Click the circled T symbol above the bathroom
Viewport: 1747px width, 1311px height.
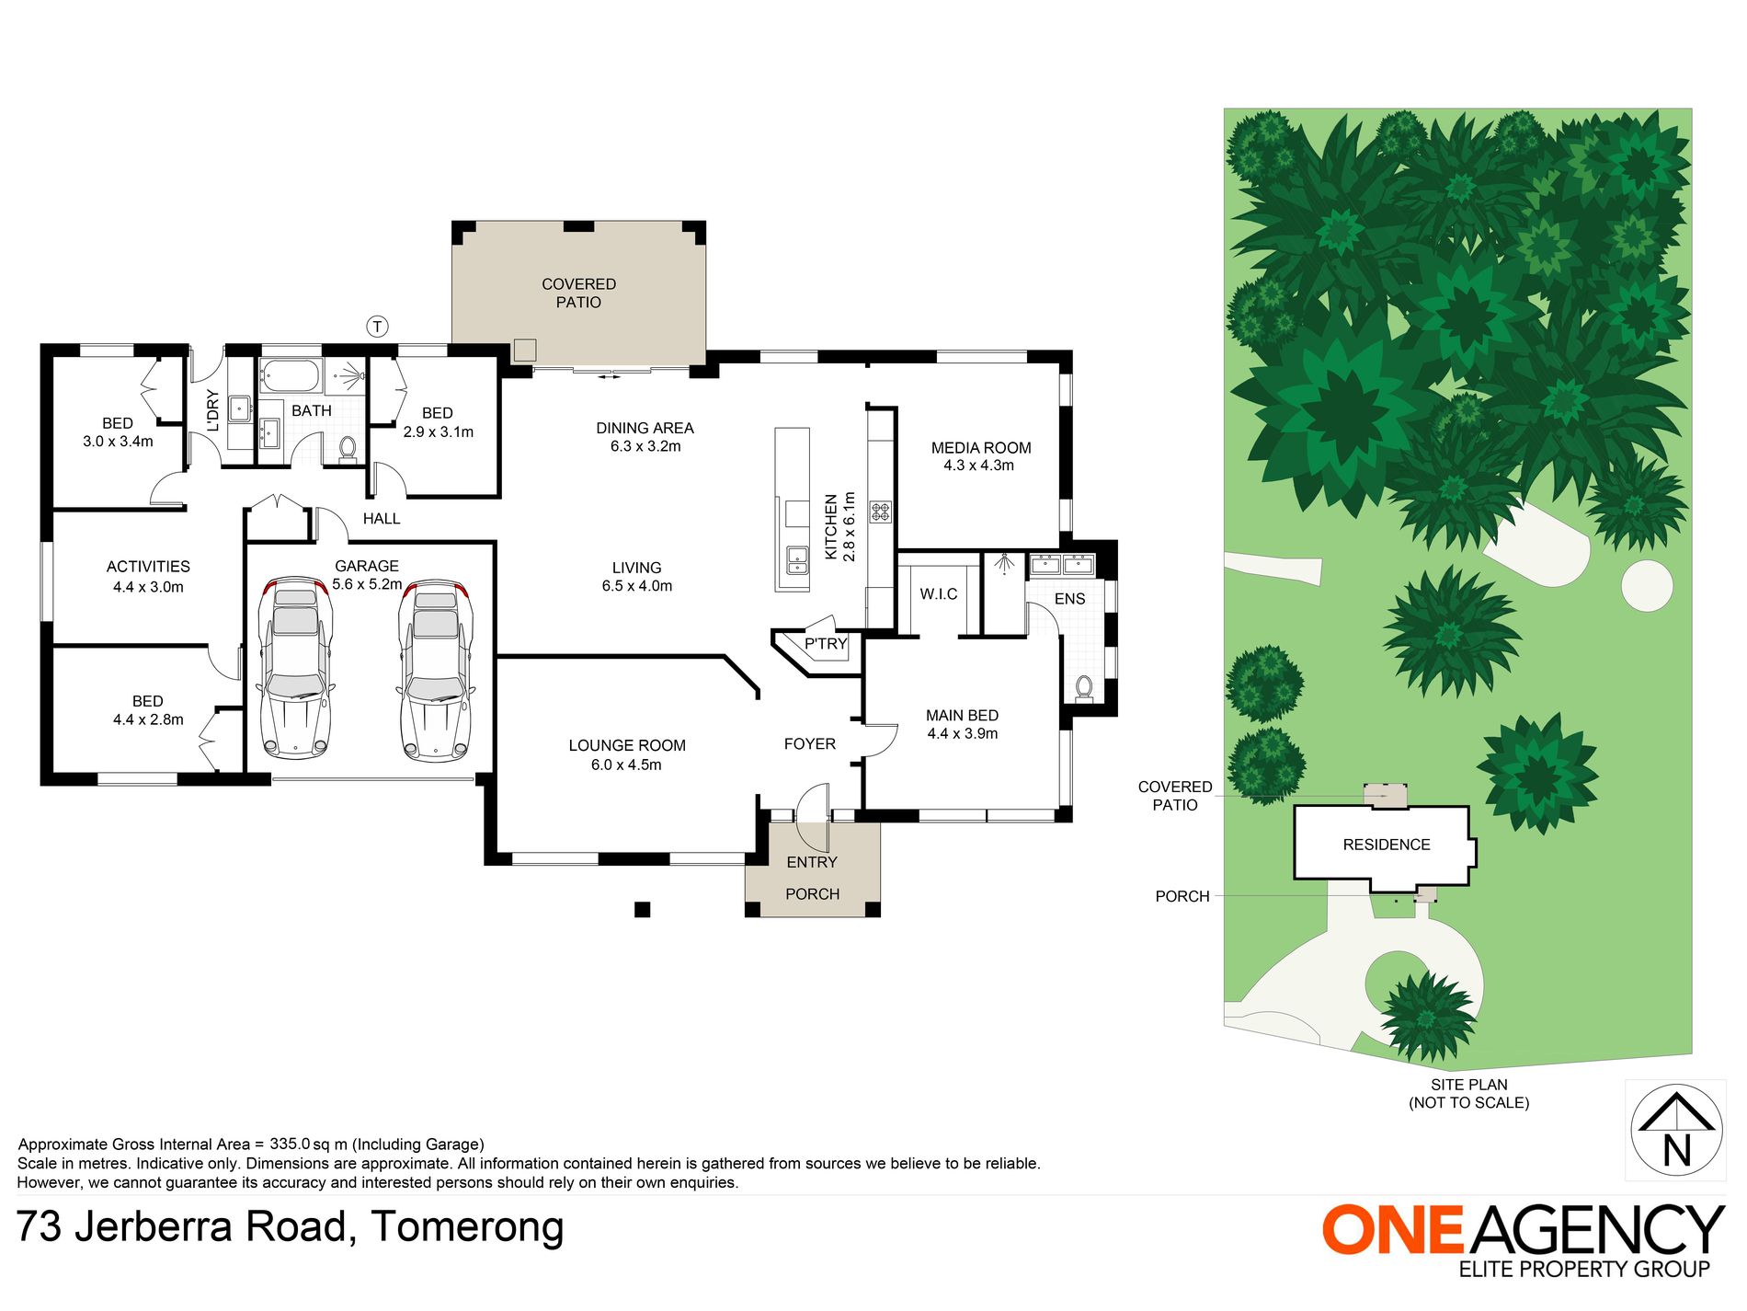378,327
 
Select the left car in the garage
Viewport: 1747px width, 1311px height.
295,669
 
